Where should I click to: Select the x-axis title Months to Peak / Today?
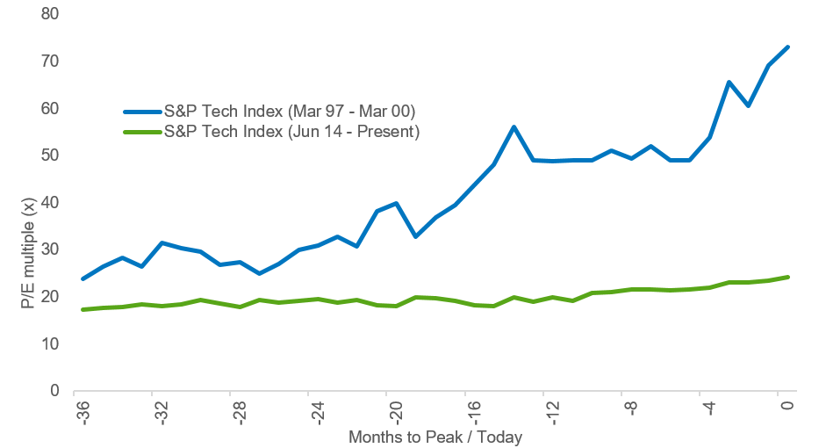click(x=435, y=437)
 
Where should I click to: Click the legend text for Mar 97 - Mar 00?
click(x=290, y=112)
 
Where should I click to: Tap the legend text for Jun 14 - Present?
click(x=292, y=132)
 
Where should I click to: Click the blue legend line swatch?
click(x=142, y=112)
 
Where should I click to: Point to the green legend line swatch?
click(x=142, y=132)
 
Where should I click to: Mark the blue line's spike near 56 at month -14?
click(x=514, y=126)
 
